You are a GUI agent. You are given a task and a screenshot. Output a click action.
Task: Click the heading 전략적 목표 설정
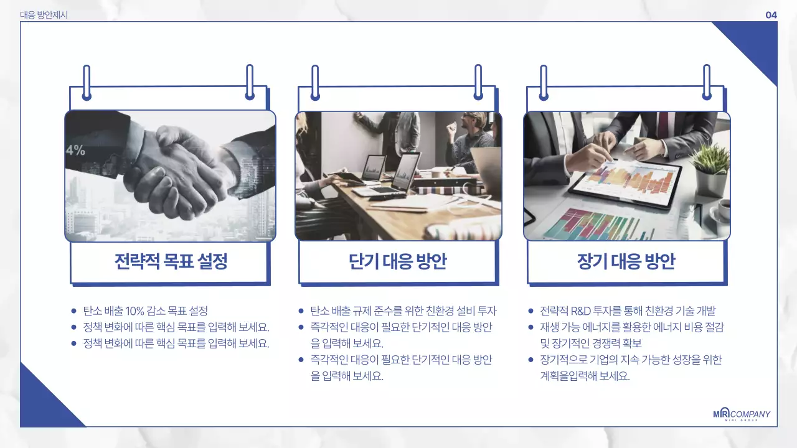coord(171,262)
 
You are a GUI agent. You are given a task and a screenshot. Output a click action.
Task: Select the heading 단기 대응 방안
coord(398,262)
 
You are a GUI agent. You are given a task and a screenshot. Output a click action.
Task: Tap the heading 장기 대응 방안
coord(626,262)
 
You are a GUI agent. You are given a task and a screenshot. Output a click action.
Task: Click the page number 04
coord(771,15)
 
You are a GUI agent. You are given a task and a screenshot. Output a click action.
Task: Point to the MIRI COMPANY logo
coord(741,415)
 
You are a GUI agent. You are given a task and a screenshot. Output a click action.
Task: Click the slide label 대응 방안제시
coord(44,15)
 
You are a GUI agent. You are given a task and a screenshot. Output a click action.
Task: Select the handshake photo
coord(170,176)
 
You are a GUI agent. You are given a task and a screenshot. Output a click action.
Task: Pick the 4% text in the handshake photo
coord(75,150)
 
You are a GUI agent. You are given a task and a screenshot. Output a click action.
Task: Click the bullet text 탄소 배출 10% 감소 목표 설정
coord(145,311)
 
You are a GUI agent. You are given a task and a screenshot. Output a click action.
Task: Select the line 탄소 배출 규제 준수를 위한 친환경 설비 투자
coord(403,311)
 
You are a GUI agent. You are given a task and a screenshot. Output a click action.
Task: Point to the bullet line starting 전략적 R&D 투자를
coord(628,311)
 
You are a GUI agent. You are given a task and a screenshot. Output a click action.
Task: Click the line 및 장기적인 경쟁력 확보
coord(591,343)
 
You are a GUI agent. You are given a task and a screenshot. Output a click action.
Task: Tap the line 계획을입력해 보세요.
coord(585,376)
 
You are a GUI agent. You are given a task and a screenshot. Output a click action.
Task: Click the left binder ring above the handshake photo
coord(87,82)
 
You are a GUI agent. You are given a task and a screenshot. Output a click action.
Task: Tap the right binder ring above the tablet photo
coord(707,82)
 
